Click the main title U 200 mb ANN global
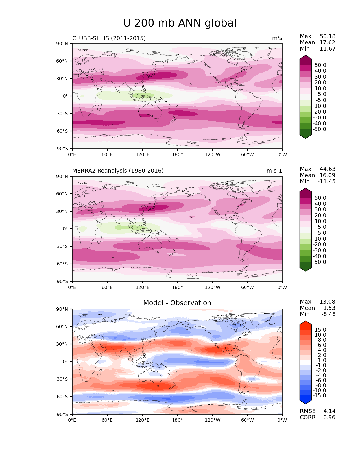pos(180,23)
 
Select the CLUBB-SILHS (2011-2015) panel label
pos(109,38)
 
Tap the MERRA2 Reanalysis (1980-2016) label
pos(118,171)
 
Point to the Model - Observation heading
pos(177,303)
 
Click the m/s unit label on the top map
pos(277,38)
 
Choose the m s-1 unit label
pos(274,171)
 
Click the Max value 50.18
pos(328,36)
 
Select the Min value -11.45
pos(327,182)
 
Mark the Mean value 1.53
pos(330,308)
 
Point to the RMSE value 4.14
pos(329,411)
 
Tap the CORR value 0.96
pos(329,417)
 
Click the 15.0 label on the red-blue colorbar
pos(320,330)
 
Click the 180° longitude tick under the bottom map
pos(177,420)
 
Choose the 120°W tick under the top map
pos(212,155)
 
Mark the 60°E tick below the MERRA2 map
pos(107,288)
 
